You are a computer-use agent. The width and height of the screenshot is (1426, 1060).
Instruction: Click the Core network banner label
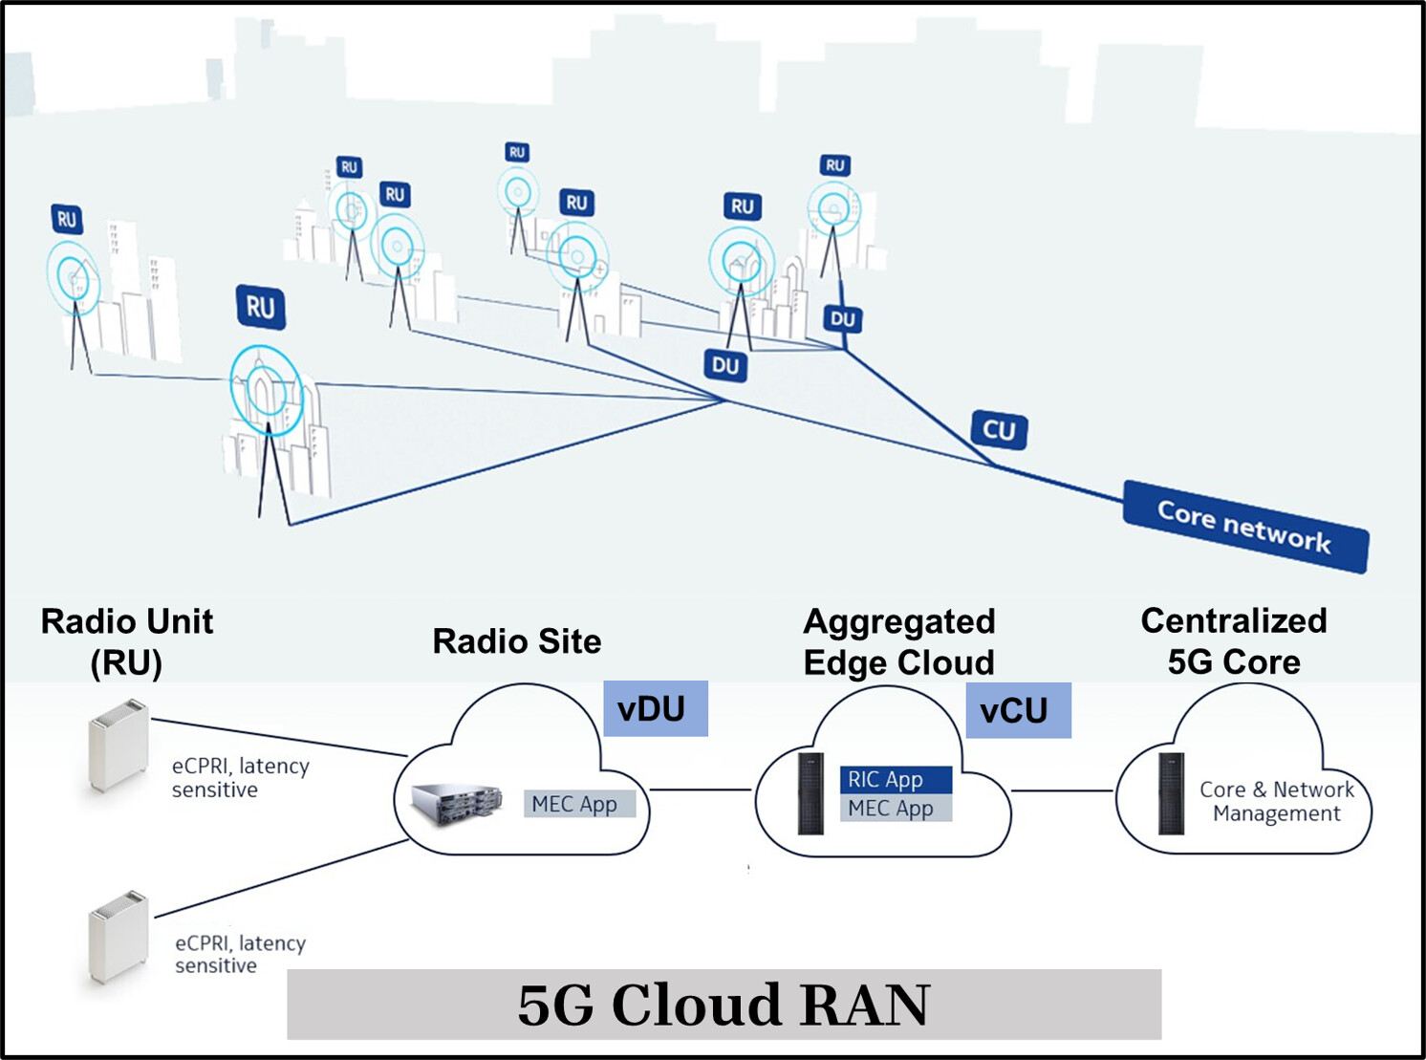pos(1244,527)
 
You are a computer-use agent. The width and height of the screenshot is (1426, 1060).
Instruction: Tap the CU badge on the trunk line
pos(999,430)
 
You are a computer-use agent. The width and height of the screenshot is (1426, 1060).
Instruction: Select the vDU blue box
pos(655,708)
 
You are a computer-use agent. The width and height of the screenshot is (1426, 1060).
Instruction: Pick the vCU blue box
pos(1017,710)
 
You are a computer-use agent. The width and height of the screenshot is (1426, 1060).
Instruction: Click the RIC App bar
pos(895,780)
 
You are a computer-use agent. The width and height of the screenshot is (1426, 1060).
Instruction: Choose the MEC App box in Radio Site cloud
pos(579,804)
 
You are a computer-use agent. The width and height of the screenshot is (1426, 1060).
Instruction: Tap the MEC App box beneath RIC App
pos(895,809)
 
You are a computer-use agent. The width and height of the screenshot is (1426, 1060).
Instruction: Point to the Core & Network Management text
pos(1276,801)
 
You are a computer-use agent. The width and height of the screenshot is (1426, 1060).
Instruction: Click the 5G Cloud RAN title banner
pos(724,1005)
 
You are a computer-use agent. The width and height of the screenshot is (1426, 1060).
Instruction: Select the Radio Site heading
pos(516,641)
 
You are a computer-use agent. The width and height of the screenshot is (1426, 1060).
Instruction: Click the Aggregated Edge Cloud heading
pos(898,641)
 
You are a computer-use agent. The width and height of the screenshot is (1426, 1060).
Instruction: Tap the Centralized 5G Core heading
pos(1233,641)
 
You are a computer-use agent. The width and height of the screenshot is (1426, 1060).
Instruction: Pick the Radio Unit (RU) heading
pos(126,641)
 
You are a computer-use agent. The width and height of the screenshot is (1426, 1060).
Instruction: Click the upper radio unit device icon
pos(119,746)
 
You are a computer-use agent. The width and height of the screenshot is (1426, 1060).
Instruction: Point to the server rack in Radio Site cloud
pos(457,805)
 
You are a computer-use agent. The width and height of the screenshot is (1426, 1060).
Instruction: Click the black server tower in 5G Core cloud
pos(1171,793)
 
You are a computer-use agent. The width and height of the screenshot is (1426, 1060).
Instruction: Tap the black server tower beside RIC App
pos(810,793)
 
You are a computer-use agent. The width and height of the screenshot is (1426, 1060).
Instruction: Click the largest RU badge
pos(260,308)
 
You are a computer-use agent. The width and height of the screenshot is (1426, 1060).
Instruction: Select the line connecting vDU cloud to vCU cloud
pos(701,790)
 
